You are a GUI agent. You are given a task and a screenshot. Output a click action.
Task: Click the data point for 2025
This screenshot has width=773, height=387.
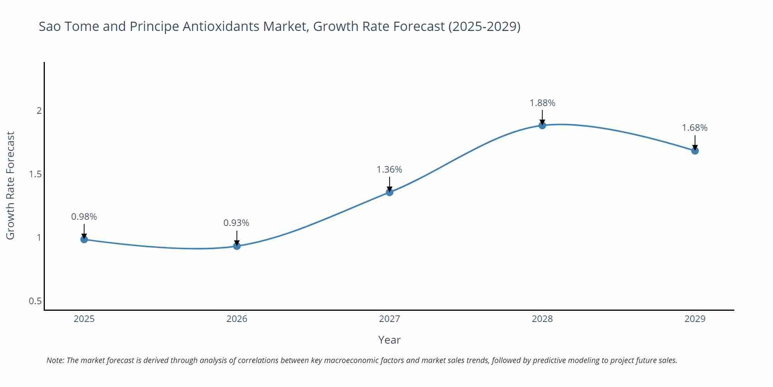[84, 240]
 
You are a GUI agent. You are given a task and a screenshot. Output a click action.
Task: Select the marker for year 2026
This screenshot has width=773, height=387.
[237, 246]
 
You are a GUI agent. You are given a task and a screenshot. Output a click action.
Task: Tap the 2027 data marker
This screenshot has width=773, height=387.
[389, 192]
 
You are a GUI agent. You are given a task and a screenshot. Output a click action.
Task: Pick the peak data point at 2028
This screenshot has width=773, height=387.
[542, 125]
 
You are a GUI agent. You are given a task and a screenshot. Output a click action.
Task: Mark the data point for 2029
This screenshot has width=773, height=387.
[695, 151]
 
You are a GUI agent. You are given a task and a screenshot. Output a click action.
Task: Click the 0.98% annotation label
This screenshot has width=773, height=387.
[84, 217]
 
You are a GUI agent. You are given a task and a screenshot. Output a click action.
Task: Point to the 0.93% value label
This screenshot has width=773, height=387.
[236, 223]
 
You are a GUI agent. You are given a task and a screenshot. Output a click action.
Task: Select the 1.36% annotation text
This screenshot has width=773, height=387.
[389, 170]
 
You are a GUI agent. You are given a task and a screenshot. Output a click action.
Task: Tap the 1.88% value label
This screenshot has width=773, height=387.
[542, 103]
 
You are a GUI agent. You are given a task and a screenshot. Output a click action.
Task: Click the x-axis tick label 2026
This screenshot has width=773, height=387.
[237, 319]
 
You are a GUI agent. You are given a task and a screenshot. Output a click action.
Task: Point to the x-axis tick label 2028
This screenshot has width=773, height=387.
[542, 319]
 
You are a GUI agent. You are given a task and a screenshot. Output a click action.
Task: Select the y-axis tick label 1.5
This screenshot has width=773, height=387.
[35, 174]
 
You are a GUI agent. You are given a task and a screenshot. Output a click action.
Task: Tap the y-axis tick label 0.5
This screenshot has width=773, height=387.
[35, 301]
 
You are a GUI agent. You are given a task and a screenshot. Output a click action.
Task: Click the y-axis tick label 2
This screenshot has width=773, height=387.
[39, 111]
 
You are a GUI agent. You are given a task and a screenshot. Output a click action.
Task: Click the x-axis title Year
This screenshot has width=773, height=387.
[389, 340]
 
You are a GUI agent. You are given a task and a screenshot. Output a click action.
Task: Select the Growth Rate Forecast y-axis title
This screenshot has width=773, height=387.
[10, 185]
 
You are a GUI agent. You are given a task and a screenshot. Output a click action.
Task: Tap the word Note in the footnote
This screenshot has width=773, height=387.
[55, 360]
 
